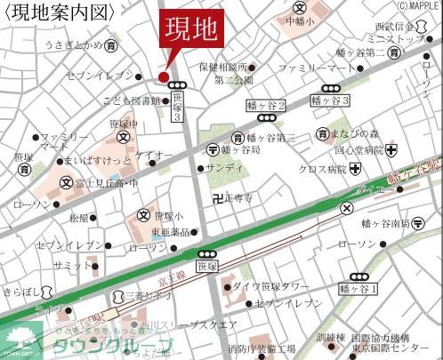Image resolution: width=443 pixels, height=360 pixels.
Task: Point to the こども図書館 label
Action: tap(132, 101)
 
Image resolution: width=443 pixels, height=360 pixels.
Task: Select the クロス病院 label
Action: tap(321, 169)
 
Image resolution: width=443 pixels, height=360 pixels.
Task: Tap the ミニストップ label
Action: tap(399, 40)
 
